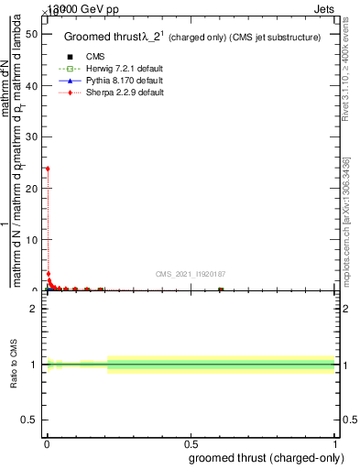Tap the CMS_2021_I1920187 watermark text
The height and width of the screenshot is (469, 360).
pyautogui.click(x=190, y=274)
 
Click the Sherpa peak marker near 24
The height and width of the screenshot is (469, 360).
pyautogui.click(x=48, y=169)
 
